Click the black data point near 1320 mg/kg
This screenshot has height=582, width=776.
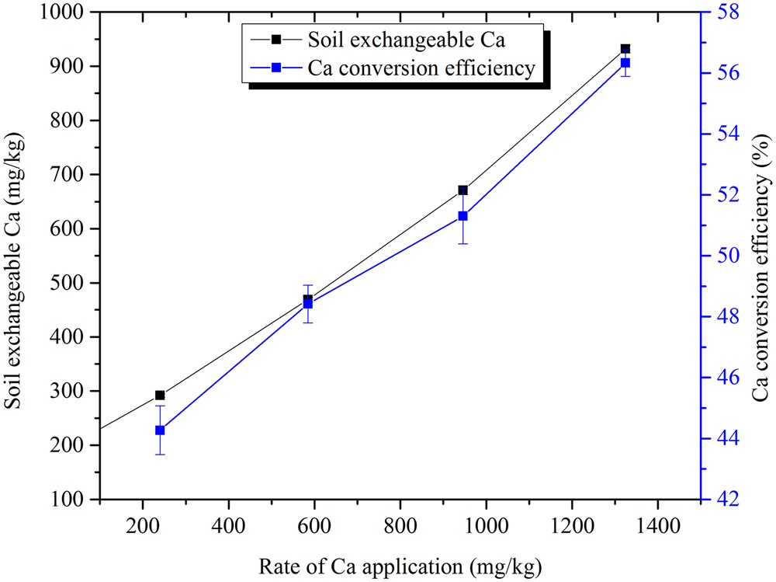pos(625,49)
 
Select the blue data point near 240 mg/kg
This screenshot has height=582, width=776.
pos(160,430)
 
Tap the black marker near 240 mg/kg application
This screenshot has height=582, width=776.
pos(160,395)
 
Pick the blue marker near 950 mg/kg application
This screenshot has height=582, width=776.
pos(462,216)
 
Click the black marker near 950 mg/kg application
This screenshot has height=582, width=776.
pos(462,190)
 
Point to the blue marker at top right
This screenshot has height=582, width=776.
pos(625,63)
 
